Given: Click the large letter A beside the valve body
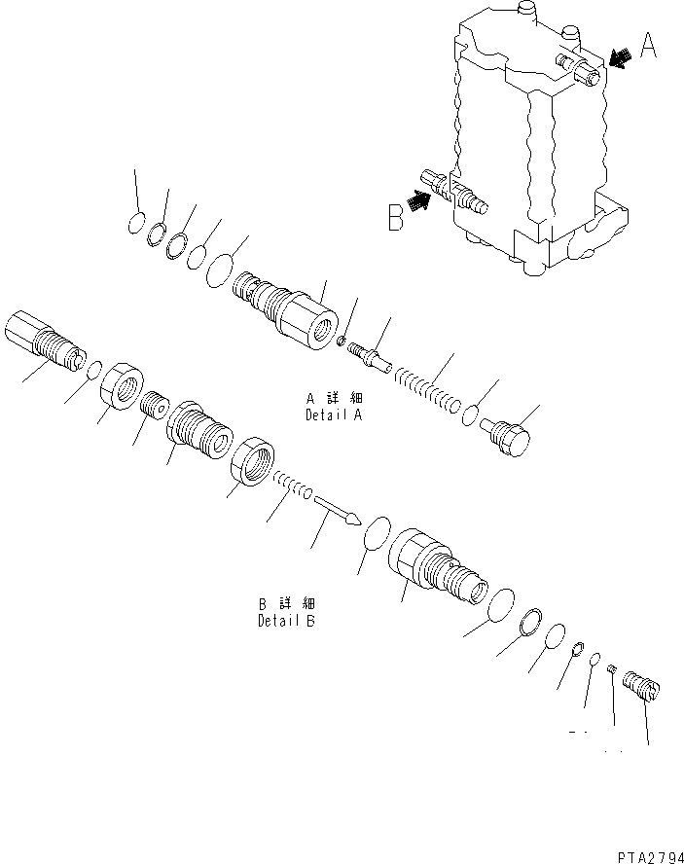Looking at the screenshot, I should (648, 46).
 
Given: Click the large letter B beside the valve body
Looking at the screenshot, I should (395, 217).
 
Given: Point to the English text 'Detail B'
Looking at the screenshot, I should (285, 621).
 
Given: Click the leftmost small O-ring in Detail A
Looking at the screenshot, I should (136, 225).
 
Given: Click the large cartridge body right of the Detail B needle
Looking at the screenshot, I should (436, 569).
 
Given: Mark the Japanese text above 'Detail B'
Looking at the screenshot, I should (285, 603).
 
